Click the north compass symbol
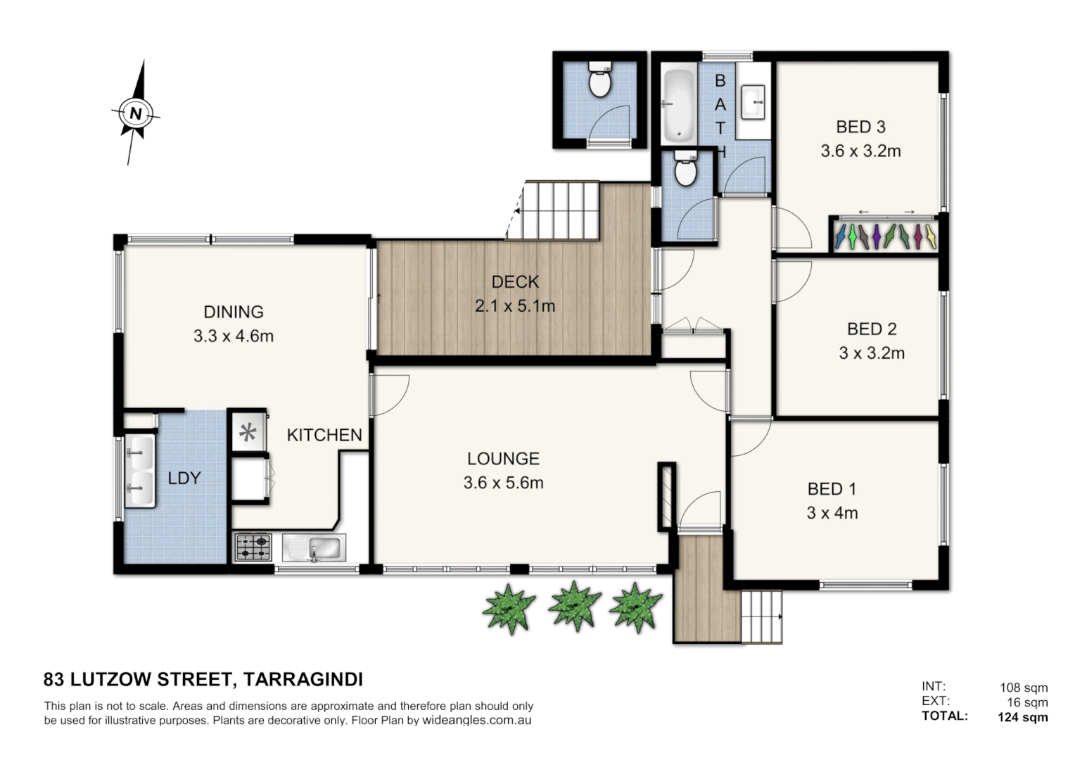[135, 113]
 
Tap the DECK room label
[515, 281]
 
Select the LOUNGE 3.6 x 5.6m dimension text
[503, 483]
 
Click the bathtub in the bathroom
[678, 104]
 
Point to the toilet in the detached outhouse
[599, 81]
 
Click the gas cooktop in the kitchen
[253, 547]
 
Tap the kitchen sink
[314, 547]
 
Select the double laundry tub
[139, 471]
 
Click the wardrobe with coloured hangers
[885, 236]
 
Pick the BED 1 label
[832, 488]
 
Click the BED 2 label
[871, 329]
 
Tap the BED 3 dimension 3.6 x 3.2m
[860, 151]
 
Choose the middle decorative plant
[574, 605]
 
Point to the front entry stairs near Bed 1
[762, 616]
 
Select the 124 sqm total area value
[1022, 717]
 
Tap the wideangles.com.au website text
[476, 721]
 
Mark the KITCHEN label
[324, 435]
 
